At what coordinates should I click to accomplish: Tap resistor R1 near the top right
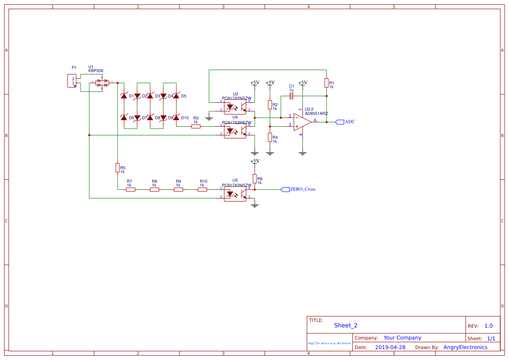pyautogui.click(x=326, y=83)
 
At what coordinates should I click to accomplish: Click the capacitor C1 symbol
pyautogui.click(x=292, y=96)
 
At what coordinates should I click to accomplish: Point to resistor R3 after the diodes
pyautogui.click(x=196, y=127)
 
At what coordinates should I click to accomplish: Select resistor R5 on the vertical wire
pyautogui.click(x=117, y=168)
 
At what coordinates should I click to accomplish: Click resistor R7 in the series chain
pyautogui.click(x=130, y=189)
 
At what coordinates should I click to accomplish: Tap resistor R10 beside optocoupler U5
pyautogui.click(x=202, y=189)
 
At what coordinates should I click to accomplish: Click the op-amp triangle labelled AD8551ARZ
pyautogui.click(x=302, y=122)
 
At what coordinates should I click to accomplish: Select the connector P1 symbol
pyautogui.click(x=72, y=81)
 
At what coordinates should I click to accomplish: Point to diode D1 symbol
pyautogui.click(x=124, y=96)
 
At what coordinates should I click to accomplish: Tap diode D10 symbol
pyautogui.click(x=176, y=118)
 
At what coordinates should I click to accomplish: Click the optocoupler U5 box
pyautogui.click(x=235, y=193)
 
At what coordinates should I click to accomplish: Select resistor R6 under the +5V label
pyautogui.click(x=255, y=178)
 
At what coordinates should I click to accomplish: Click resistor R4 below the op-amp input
pyautogui.click(x=270, y=138)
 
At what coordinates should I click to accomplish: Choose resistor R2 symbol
pyautogui.click(x=270, y=104)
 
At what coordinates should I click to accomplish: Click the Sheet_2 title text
pyautogui.click(x=346, y=325)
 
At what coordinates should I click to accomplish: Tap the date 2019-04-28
pyautogui.click(x=390, y=347)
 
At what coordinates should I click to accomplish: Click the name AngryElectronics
pyautogui.click(x=465, y=347)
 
